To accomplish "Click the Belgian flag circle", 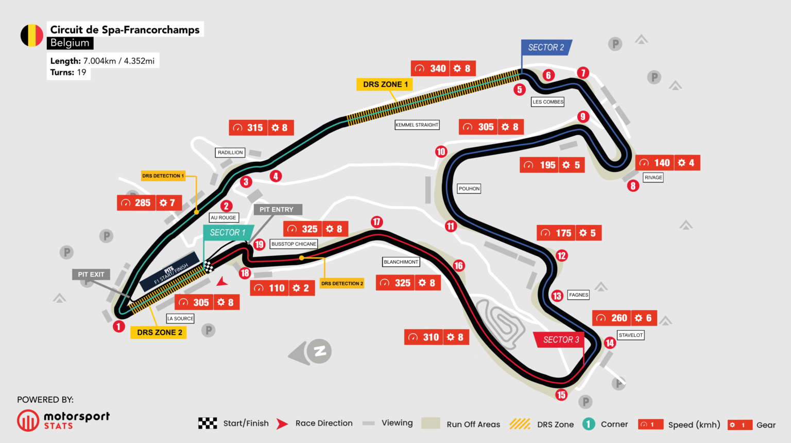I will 31,36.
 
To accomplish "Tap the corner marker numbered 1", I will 119,327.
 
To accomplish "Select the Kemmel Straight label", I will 417,125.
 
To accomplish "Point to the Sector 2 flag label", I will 546,47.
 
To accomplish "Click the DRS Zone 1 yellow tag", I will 385,84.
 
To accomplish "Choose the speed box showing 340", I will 431,69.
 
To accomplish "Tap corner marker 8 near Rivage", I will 633,186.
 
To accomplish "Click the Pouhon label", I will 469,189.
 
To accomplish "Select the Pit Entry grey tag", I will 278,210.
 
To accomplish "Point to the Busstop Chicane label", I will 294,244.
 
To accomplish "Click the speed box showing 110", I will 269,288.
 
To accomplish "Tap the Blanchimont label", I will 401,262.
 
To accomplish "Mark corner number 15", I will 561,395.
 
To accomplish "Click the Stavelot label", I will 630,335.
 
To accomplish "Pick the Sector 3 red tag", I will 561,340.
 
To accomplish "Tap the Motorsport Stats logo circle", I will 28,420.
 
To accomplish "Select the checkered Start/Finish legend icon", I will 208,423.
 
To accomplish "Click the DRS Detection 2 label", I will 342,284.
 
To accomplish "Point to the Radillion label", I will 230,152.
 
